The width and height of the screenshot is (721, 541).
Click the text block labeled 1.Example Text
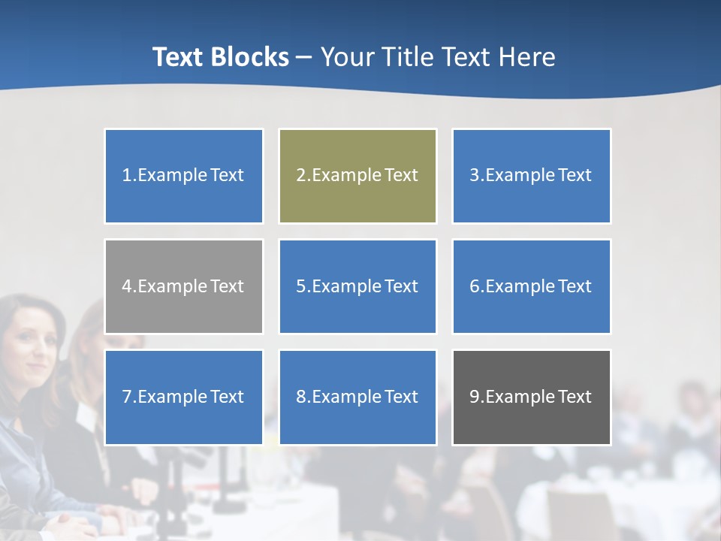click(x=183, y=176)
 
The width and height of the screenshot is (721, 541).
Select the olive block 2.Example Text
click(x=357, y=176)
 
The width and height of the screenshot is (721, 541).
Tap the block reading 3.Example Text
click(x=531, y=176)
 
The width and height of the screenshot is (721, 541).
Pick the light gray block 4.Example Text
click(x=183, y=286)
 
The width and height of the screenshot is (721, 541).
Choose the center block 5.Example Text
click(x=357, y=286)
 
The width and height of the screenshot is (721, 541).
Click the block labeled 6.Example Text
click(x=531, y=286)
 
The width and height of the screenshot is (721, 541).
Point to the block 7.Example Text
click(x=183, y=397)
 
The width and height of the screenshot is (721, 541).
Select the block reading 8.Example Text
click(x=357, y=397)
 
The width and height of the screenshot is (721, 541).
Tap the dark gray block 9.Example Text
click(x=531, y=397)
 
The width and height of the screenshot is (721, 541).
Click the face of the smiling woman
click(x=30, y=338)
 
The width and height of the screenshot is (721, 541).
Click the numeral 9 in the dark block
click(x=475, y=397)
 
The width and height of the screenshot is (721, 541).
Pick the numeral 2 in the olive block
click(x=300, y=176)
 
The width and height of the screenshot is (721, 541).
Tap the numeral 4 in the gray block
click(x=127, y=286)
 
